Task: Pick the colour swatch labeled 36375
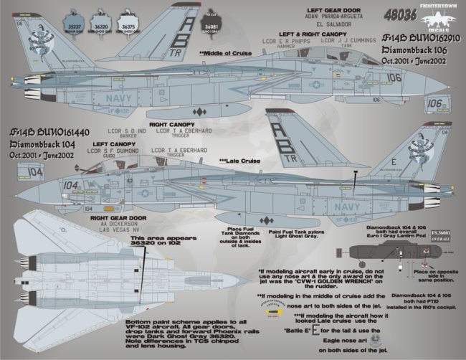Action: pyautogui.click(x=130, y=16)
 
